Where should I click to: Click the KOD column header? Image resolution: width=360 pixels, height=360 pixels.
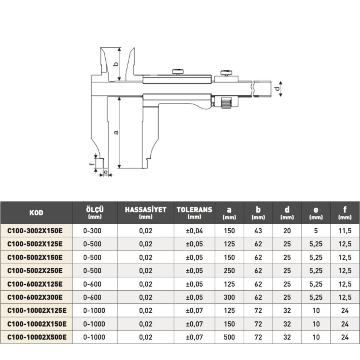point(36,213)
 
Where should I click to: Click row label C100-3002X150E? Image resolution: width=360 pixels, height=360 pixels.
point(35,231)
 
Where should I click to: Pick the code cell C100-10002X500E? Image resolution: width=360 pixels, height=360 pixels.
point(37,337)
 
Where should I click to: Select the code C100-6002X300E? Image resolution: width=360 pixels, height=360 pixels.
point(35,297)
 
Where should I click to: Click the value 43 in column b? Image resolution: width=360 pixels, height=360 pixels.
point(258,231)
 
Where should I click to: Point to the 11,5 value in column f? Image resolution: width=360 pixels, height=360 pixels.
point(345,231)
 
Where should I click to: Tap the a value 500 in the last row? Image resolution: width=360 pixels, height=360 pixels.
point(229,337)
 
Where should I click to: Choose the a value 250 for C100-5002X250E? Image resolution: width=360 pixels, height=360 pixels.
point(229,270)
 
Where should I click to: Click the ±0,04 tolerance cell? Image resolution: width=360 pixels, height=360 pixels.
point(194,231)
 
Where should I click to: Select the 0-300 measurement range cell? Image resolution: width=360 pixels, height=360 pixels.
point(92,231)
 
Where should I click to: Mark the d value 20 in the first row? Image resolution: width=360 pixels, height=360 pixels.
point(287,231)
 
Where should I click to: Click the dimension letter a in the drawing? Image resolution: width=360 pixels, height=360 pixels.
point(116,132)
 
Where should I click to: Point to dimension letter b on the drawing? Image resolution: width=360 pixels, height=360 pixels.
point(116,64)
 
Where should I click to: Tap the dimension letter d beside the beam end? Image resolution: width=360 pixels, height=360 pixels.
point(277,88)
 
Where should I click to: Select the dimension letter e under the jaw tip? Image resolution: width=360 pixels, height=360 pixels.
point(106,172)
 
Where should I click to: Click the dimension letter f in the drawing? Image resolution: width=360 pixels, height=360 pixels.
point(91,164)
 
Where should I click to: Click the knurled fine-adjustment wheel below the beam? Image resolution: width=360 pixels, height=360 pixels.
point(226,103)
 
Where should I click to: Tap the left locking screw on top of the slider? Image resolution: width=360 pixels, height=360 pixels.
point(178,72)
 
